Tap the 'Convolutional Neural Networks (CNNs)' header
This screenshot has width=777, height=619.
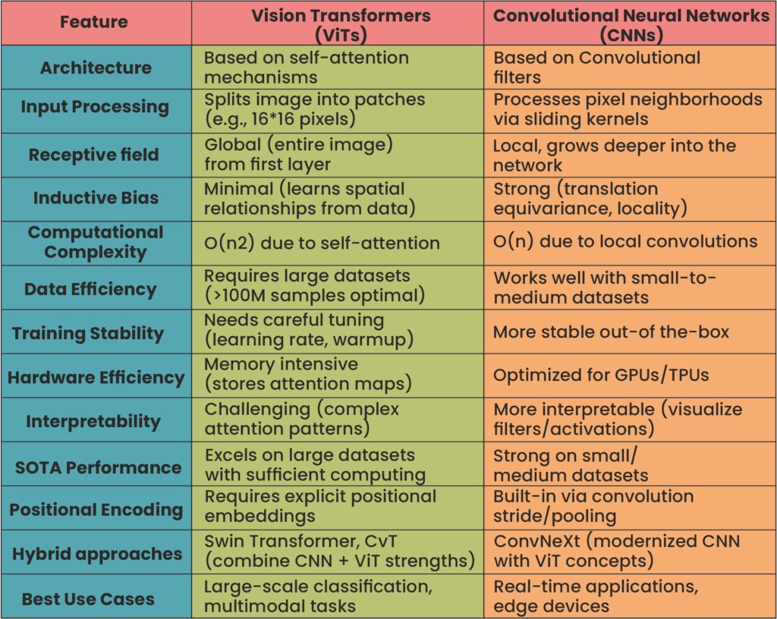[630, 24]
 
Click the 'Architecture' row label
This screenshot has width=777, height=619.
[95, 68]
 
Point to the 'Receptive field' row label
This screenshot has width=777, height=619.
[95, 155]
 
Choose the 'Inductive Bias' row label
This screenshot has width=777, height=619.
[96, 199]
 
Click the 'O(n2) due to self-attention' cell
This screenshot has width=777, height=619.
[322, 243]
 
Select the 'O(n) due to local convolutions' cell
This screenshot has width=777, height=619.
[625, 242]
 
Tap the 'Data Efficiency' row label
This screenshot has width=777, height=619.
[90, 289]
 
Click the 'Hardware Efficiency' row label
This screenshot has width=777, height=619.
[96, 377]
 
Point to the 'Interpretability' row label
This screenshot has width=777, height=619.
[93, 421]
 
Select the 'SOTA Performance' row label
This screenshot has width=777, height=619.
[98, 467]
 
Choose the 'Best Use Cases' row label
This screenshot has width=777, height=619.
[88, 599]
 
